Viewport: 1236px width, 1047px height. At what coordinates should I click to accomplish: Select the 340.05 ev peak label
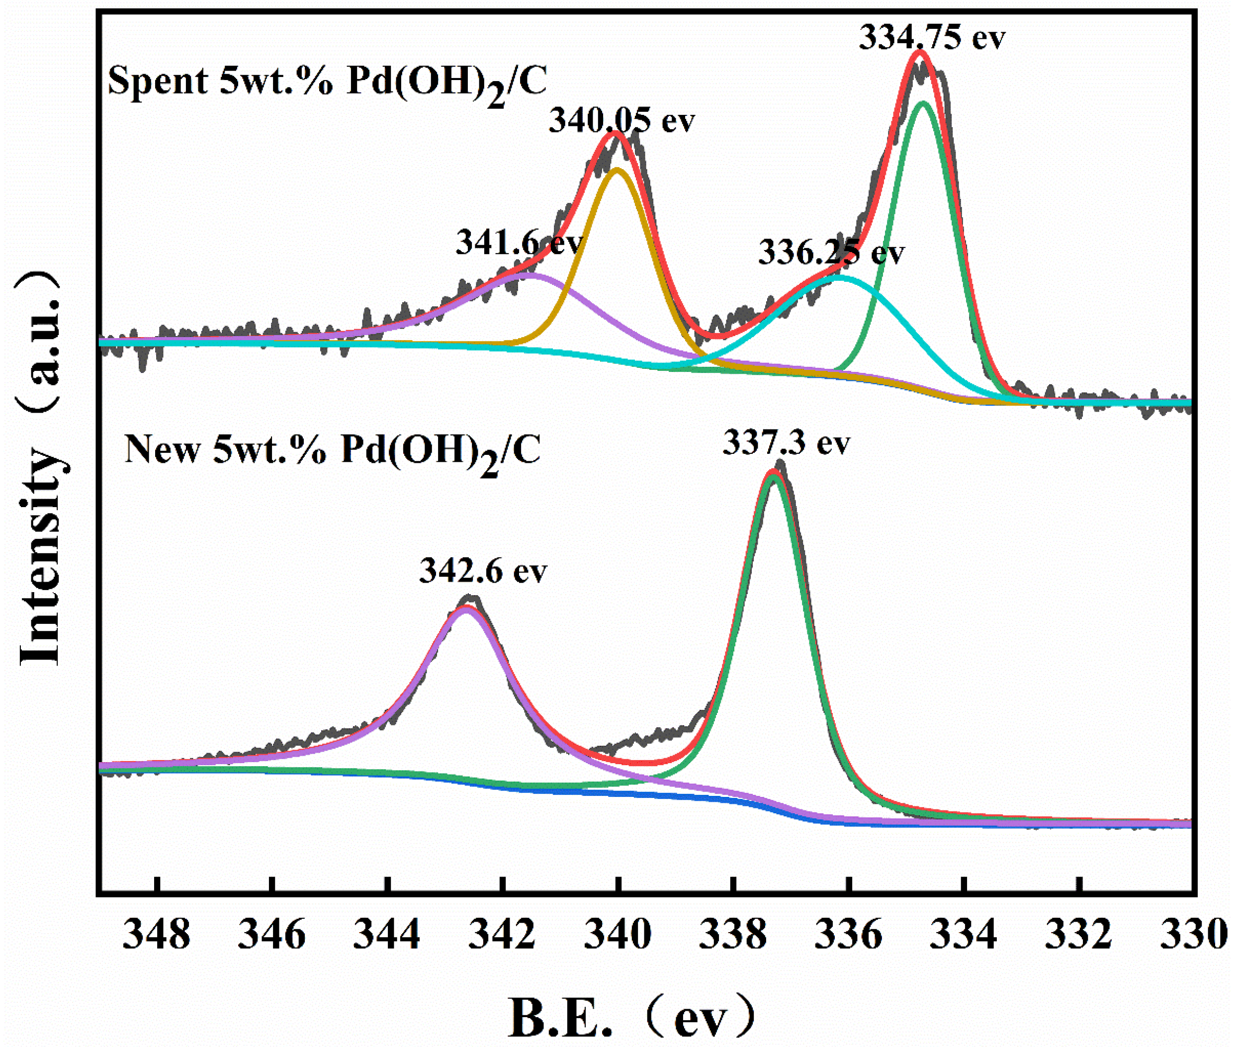[x=621, y=120]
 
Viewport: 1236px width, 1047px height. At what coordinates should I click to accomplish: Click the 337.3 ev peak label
[x=786, y=443]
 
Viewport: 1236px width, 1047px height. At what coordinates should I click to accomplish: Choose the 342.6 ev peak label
[x=483, y=571]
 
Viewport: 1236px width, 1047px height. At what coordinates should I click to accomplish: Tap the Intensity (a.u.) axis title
[x=40, y=469]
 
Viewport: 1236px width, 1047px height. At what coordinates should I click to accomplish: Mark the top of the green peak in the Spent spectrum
[x=923, y=103]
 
